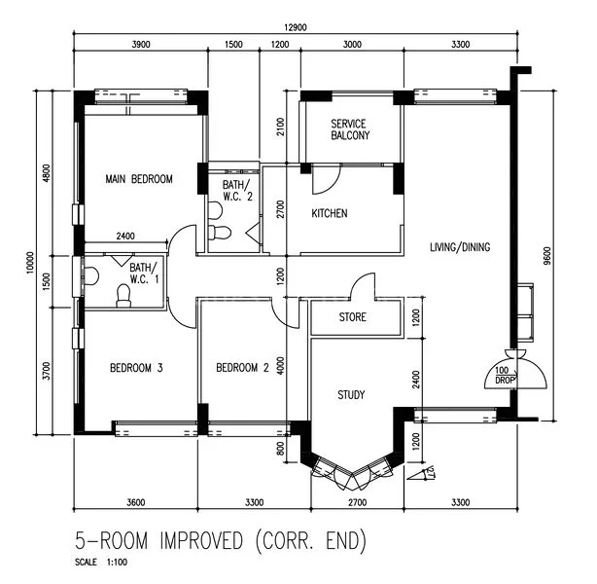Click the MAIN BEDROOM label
point(139,179)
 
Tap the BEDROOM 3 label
point(136,368)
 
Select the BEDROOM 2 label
point(242,368)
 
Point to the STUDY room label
point(351,395)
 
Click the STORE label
point(352,317)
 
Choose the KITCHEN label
point(329,213)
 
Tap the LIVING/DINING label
point(460,247)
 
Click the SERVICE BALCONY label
point(349,129)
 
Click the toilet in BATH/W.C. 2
point(221,234)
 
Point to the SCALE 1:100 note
point(100,564)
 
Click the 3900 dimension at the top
point(141,45)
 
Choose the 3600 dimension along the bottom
point(136,502)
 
